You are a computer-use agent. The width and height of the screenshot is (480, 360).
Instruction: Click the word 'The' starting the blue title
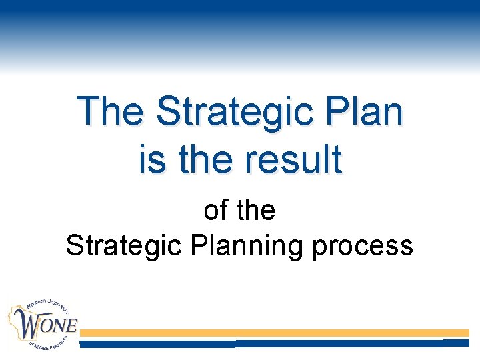[x=110, y=111]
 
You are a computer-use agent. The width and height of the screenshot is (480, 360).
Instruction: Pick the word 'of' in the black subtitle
[x=215, y=211]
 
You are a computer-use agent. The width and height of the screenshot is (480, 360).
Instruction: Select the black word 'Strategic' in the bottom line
[x=124, y=246]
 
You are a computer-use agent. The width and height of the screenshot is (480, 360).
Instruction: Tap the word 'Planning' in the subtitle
[x=243, y=247]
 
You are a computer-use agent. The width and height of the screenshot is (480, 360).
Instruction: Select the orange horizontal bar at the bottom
[x=274, y=332]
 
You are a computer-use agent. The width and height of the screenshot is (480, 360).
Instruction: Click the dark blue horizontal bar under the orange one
[x=274, y=343]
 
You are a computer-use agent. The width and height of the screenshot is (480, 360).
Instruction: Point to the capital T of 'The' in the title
[x=87, y=111]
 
